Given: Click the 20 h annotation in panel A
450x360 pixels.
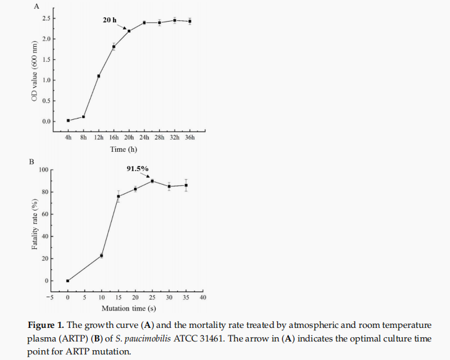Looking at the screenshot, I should pos(109,20).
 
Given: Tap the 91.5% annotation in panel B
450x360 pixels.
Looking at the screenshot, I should pos(138,168).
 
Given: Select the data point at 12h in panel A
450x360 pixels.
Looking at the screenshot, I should pos(99,76).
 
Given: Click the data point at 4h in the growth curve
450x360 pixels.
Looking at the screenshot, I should pos(68,120).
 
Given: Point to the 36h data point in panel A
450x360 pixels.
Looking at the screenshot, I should pos(190,21).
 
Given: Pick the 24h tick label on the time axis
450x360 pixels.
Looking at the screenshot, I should pos(144,138).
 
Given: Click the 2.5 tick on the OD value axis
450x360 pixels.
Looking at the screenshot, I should pos(47,19).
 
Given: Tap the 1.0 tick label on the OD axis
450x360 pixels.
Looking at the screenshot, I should pos(47,80).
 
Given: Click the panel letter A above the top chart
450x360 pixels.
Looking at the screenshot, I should pos(36,7).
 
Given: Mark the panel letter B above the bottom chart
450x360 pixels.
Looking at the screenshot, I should pos(31,162).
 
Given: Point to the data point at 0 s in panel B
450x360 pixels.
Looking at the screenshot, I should pos(68,281).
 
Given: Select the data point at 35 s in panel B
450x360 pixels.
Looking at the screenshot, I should pos(186,185).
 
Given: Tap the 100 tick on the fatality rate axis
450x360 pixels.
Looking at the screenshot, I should pos(43,170).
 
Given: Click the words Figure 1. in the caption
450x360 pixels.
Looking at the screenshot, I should pos(46,325).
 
